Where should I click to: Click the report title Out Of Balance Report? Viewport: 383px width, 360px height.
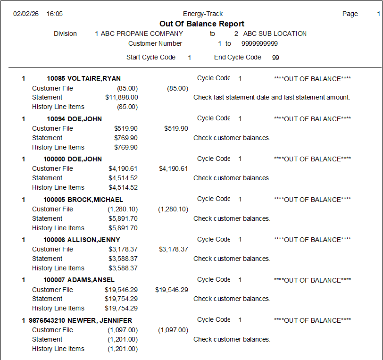[202, 24]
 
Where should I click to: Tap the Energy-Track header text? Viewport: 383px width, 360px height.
[203, 14]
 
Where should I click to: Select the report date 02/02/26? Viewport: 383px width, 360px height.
[26, 14]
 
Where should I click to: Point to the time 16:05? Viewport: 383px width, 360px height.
[55, 14]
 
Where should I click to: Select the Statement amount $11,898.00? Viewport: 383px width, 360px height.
[122, 97]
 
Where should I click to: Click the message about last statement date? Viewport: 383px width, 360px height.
[272, 97]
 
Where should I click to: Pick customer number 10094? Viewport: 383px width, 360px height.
[55, 119]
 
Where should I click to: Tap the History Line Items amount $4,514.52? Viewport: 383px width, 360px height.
[123, 187]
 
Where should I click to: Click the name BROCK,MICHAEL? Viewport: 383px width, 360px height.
[95, 200]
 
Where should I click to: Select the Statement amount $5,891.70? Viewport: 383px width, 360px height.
[123, 218]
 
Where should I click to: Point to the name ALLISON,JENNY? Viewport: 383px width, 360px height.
[94, 240]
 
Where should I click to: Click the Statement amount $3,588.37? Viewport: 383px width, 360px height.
[123, 259]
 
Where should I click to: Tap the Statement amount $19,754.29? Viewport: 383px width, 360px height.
[121, 299]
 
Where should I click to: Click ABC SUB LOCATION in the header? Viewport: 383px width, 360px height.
[275, 33]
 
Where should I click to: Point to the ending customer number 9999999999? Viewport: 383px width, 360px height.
[259, 43]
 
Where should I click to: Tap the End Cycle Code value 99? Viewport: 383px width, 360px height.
[275, 58]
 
